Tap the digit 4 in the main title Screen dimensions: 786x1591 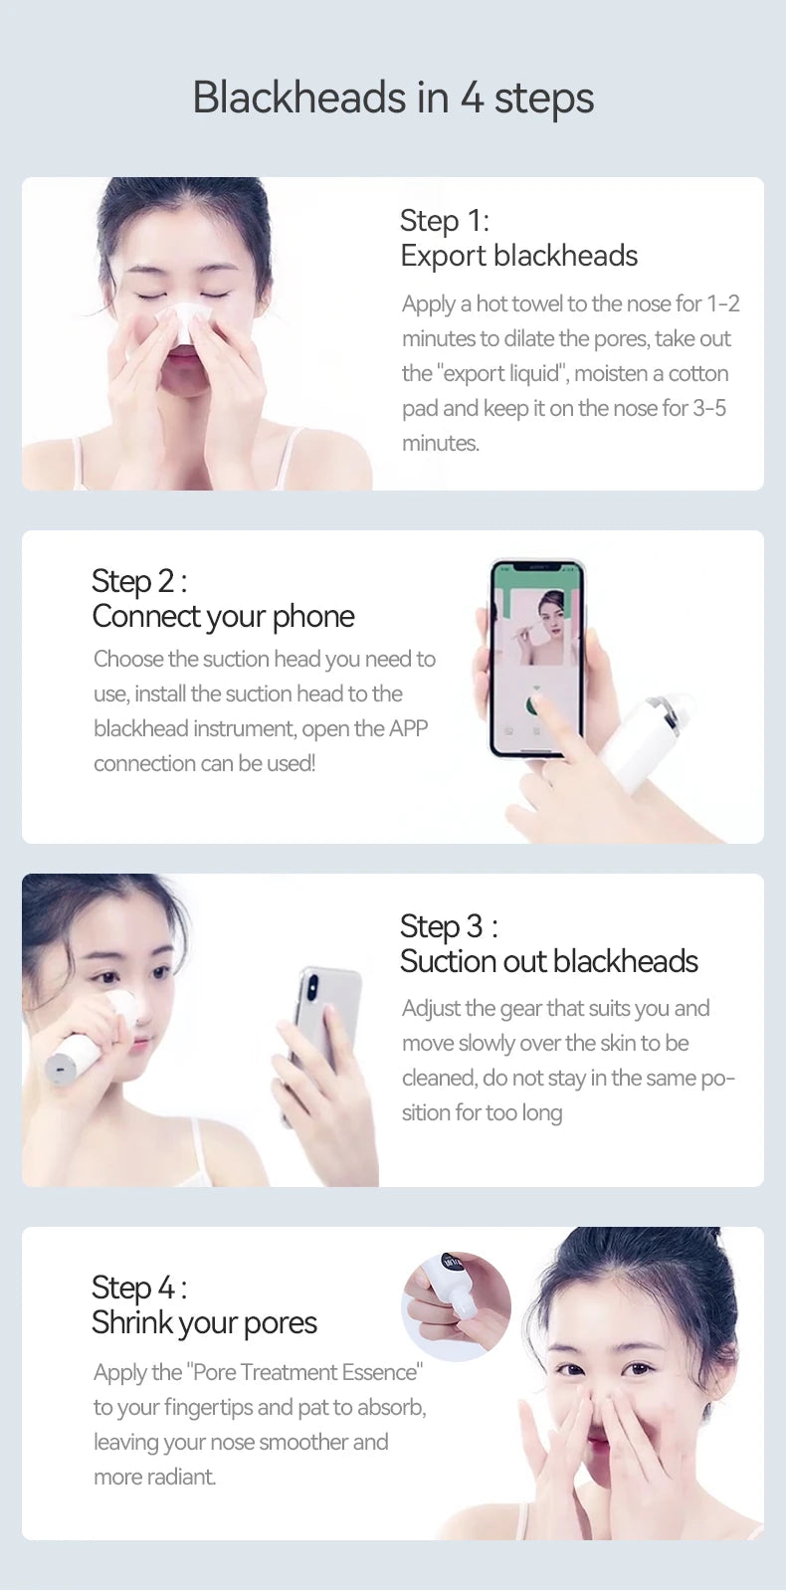click(x=472, y=99)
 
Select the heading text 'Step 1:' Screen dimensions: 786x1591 click(x=445, y=221)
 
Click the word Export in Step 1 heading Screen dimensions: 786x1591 click(x=443, y=257)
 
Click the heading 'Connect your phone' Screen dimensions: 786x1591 click(x=223, y=617)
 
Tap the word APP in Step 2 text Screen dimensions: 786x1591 click(x=408, y=728)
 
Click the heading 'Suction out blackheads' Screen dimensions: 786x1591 click(x=549, y=962)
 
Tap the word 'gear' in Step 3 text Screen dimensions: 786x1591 click(x=522, y=1009)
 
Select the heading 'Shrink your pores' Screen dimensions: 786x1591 click(x=205, y=1322)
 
